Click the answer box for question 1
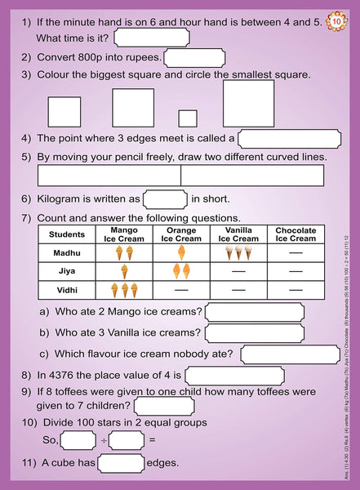152,38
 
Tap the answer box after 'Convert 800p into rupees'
194,57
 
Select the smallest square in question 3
188,118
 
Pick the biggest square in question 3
248,104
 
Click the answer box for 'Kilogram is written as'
165,198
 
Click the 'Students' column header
67,235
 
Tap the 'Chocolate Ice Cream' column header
296,235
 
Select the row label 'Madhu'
67,253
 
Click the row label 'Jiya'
67,271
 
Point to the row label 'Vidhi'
67,290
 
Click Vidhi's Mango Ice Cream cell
123,290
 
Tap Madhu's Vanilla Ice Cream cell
238,253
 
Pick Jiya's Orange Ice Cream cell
181,271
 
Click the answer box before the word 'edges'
121,464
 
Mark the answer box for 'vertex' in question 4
288,139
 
